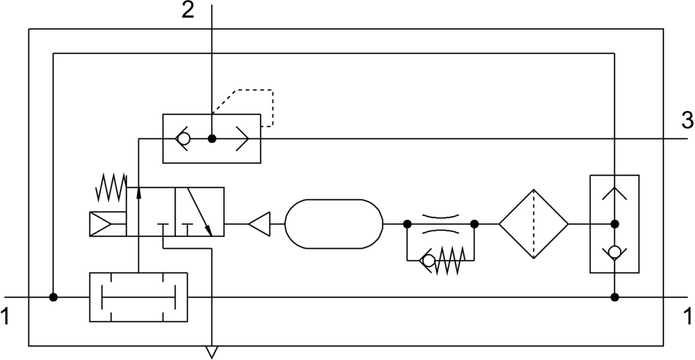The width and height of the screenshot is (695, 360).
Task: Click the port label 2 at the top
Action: [x=188, y=11]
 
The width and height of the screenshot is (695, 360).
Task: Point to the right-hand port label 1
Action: [x=687, y=317]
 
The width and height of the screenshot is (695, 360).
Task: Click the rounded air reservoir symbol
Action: [x=334, y=224]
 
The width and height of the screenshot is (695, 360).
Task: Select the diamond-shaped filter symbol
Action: [x=533, y=224]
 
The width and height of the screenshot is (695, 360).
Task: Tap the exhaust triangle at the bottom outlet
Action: [x=211, y=351]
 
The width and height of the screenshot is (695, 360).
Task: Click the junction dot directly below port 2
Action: [x=212, y=139]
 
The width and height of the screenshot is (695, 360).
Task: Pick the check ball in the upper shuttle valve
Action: [x=185, y=139]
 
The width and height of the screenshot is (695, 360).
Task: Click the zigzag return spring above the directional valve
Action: [x=111, y=187]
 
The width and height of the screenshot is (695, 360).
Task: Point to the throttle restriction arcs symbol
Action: [x=440, y=223]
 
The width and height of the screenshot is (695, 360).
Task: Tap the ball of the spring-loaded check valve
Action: [x=428, y=261]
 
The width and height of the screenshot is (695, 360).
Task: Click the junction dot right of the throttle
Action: [x=475, y=224]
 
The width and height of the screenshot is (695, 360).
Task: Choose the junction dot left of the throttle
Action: [x=407, y=224]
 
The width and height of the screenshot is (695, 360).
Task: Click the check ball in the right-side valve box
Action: [x=614, y=252]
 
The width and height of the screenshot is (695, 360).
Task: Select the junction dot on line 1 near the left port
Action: [x=53, y=297]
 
